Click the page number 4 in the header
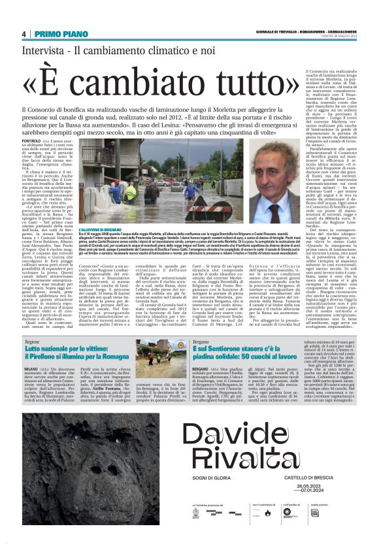(x=24, y=34)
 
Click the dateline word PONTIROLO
(x=32, y=141)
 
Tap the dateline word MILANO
(x=33, y=368)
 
